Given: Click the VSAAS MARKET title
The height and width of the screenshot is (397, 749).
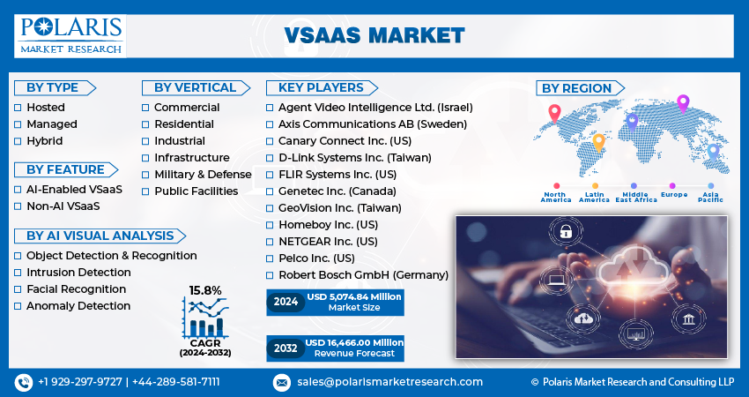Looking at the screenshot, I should [x=374, y=35].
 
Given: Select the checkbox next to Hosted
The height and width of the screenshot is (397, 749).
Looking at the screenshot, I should [x=18, y=108].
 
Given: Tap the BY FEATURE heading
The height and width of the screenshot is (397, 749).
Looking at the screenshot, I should [x=65, y=169].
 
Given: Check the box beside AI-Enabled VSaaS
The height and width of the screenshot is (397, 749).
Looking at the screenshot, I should [x=18, y=190].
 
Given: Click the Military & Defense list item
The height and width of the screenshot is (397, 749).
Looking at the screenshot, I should [x=203, y=174].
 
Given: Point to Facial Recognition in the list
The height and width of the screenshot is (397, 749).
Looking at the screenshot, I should [x=76, y=289].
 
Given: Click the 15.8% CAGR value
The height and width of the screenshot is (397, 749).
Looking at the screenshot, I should [x=204, y=290].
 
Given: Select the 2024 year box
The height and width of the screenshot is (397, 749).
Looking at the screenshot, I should [x=285, y=302].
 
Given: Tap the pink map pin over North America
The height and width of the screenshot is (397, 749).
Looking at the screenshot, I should [x=554, y=113].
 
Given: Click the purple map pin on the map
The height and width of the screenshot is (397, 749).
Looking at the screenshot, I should [x=682, y=103].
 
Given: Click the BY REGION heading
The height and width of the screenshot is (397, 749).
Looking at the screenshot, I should [x=576, y=88].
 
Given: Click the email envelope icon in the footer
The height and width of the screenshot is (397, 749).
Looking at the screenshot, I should [x=281, y=382].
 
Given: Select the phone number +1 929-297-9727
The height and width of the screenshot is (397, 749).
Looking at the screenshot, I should [x=80, y=382].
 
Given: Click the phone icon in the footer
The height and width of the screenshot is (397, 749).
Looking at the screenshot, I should [x=23, y=382].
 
